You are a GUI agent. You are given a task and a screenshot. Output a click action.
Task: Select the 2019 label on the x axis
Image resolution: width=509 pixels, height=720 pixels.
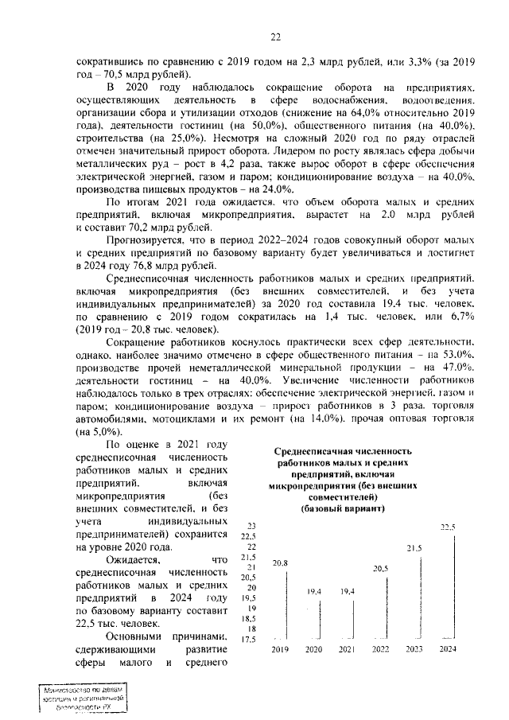280,650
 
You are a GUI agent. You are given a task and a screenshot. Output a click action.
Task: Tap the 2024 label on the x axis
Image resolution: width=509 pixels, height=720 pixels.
448,650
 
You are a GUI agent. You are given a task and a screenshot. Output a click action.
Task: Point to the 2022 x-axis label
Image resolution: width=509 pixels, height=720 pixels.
380,650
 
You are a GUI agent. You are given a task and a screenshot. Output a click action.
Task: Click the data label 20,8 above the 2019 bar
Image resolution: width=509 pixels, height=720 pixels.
280,563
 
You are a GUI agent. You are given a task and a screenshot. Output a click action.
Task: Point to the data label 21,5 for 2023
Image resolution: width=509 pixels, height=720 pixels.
414,548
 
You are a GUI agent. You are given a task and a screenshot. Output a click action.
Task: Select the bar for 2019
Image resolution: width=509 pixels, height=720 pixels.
287,605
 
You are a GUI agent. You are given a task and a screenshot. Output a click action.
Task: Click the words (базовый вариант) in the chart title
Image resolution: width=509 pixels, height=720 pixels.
344,508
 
